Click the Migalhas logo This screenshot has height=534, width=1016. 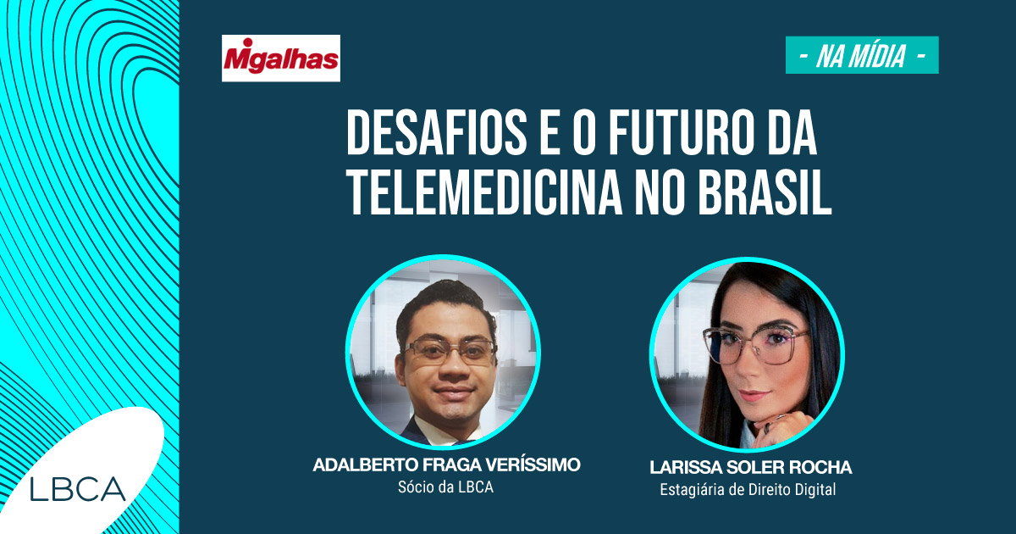(281, 58)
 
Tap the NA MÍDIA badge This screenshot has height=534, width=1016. (862, 55)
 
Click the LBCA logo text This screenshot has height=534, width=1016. (78, 488)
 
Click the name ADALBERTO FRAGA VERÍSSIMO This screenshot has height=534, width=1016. (446, 464)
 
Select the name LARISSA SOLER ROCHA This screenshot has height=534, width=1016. (751, 467)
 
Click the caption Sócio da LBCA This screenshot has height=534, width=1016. (445, 487)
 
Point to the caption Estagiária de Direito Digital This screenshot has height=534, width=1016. (748, 490)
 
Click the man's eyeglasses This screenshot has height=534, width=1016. (449, 352)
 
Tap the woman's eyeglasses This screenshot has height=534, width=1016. (756, 345)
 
